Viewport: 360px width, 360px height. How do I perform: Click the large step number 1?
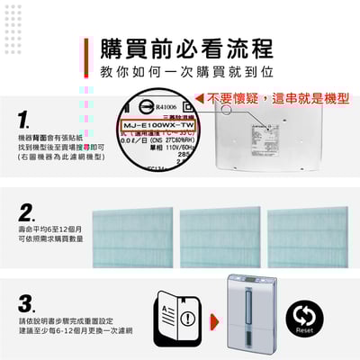(26, 120)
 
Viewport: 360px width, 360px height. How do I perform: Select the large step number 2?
(27, 213)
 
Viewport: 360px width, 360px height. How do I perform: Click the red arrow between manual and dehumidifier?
(213, 319)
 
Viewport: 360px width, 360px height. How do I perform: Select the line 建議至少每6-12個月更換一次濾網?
(68, 331)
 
